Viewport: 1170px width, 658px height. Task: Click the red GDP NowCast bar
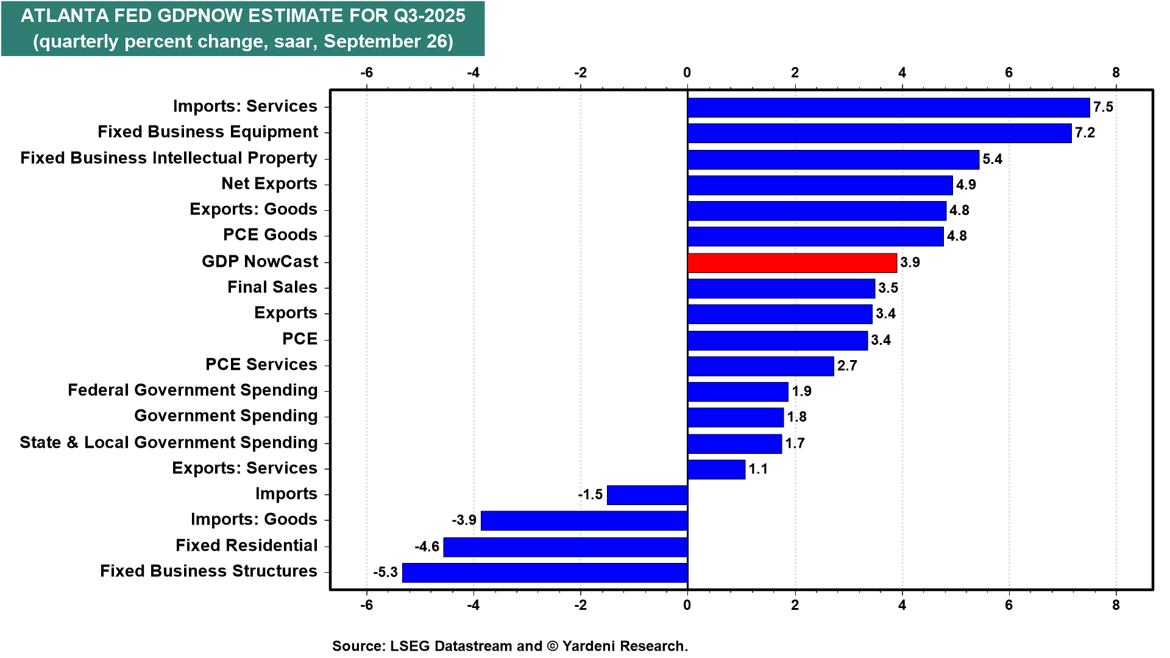792,263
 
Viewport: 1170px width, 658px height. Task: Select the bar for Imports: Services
888,107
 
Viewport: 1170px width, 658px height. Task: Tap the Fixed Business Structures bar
545,573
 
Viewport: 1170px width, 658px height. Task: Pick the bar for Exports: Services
716,469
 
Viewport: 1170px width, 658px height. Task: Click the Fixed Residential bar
565,547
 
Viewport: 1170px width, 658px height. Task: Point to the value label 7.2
1085,133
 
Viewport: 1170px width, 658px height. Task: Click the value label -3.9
464,520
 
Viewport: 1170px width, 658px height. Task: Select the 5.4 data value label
992,159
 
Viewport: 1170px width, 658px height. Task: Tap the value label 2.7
847,366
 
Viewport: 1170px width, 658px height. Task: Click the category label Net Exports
269,183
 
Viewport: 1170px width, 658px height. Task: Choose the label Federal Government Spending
193,390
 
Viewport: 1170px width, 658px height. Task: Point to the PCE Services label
261,364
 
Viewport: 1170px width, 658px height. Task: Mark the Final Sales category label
272,287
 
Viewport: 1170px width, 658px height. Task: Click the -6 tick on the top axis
366,73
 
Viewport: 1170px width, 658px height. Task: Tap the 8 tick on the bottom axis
1116,605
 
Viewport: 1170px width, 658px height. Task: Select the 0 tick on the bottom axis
687,605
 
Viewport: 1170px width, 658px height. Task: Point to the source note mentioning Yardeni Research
509,646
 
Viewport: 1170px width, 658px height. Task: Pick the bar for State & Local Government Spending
734,444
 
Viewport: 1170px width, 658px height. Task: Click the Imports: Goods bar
584,521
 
